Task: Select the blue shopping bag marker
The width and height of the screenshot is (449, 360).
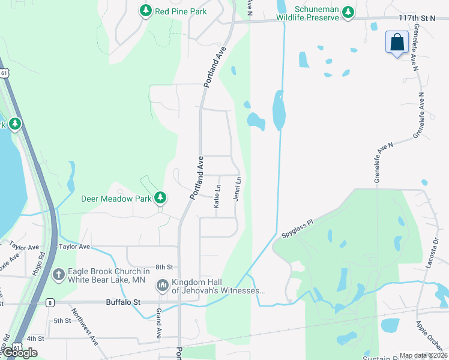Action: tap(397, 43)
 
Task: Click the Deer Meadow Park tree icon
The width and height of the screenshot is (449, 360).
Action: tap(160, 197)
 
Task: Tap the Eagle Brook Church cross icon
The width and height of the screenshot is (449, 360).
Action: tap(59, 275)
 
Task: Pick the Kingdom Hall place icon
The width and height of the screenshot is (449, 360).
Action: tap(162, 286)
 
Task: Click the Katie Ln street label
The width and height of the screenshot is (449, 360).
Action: tap(217, 196)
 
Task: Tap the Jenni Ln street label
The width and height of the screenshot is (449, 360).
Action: tap(238, 188)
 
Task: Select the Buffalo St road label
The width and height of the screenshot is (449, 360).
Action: tap(123, 302)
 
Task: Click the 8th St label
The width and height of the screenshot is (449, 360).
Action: tap(164, 266)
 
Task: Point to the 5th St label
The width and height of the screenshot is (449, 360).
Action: tap(62, 321)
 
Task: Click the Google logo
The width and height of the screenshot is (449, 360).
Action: tap(19, 353)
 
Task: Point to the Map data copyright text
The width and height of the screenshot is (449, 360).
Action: tap(423, 356)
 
